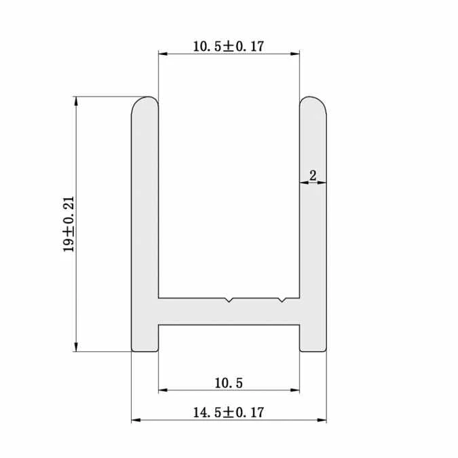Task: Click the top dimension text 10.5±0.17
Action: (228, 46)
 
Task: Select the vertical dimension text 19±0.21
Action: (69, 225)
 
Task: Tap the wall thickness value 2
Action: (312, 175)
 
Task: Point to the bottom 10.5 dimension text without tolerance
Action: (228, 383)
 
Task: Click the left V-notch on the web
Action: (230, 300)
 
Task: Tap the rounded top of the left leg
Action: (145, 104)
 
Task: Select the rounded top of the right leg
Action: (313, 104)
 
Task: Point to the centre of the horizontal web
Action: (229, 311)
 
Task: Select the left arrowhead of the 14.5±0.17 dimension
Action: (135, 421)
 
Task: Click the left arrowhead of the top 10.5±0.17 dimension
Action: (163, 54)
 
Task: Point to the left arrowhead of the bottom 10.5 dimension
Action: (163, 391)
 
